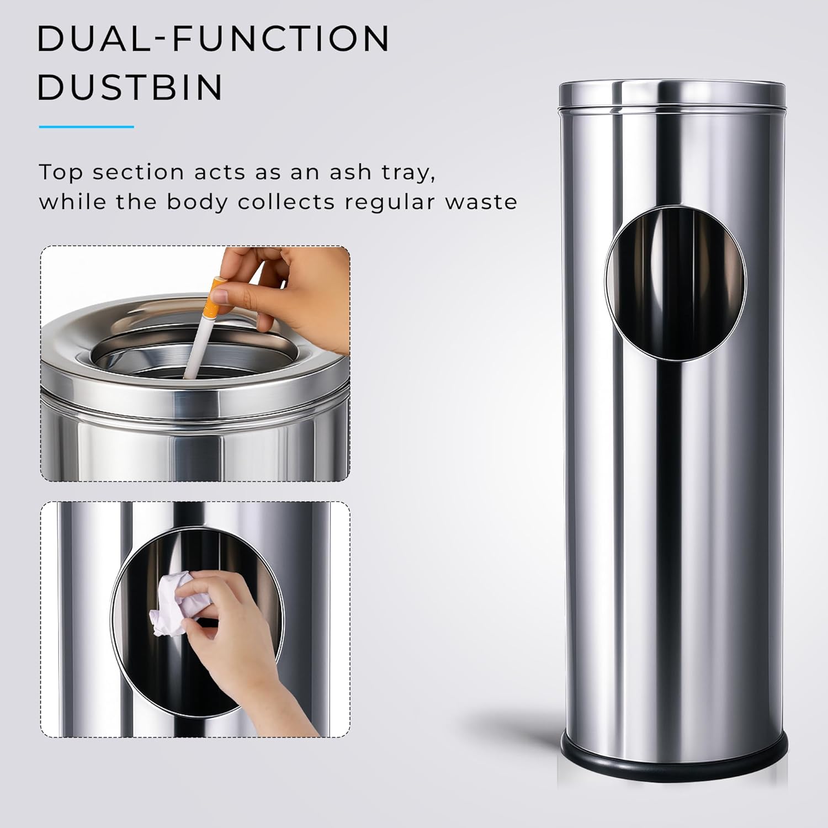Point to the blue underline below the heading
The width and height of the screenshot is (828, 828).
[x=86, y=126]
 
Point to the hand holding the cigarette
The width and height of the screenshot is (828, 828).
[x=284, y=293]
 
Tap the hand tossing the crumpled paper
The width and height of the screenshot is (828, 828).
[x=243, y=640]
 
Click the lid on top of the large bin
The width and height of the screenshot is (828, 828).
[x=672, y=93]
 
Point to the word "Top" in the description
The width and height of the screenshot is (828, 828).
[x=61, y=173]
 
